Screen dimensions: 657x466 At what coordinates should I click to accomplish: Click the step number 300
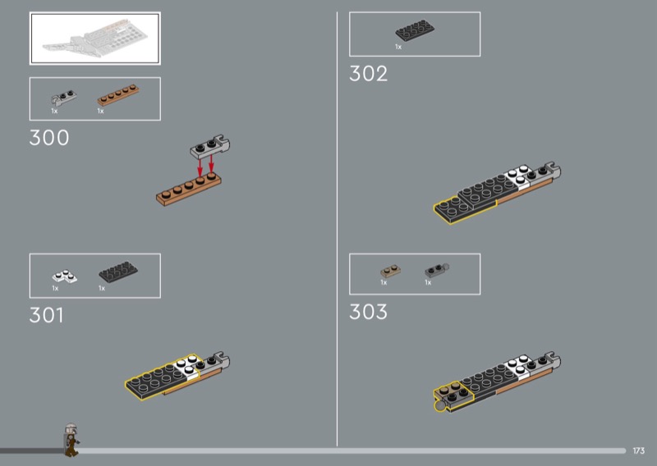tap(49, 138)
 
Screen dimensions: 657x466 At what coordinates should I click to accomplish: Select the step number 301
tap(47, 315)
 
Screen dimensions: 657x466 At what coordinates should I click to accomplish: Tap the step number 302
tap(368, 74)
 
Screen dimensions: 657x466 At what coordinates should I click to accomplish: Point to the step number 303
tap(368, 312)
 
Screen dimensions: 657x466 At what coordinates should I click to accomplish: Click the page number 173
tap(639, 451)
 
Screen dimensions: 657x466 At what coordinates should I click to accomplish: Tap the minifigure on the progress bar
tap(71, 439)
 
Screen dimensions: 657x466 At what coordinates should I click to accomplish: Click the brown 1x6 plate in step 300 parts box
tap(118, 94)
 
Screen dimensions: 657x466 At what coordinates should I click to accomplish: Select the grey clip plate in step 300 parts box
tap(64, 97)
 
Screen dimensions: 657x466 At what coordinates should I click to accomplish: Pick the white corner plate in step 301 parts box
tap(65, 276)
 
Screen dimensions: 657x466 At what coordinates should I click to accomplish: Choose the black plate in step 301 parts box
tap(118, 272)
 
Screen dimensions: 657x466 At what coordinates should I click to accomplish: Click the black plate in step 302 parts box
tap(415, 31)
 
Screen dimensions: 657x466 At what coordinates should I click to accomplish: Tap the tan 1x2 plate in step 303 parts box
tap(390, 271)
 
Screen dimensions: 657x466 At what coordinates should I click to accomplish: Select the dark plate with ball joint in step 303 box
tap(437, 270)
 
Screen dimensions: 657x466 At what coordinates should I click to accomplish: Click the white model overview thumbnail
tap(95, 39)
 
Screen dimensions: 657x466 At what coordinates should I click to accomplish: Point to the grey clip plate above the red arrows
tap(210, 147)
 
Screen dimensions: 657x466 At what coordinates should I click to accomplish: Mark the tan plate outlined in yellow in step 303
tap(453, 393)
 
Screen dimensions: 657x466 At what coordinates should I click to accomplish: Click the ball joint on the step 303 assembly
tap(440, 406)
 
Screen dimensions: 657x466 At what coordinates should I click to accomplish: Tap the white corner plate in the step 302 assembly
tap(518, 176)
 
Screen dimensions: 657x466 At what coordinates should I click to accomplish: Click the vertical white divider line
tap(337, 229)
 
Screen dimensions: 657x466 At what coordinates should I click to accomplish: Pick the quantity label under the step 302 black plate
tap(398, 47)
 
